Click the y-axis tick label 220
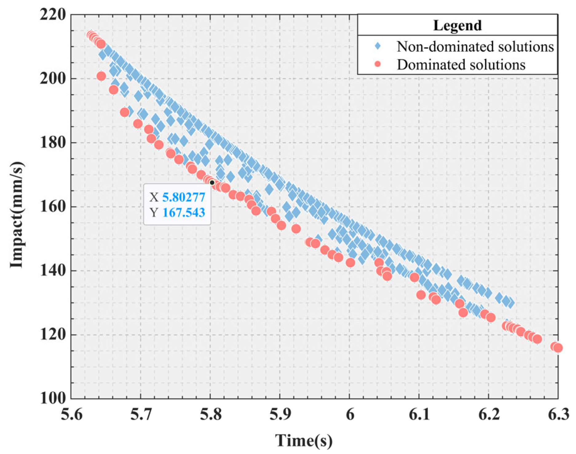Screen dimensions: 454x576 tap(53, 14)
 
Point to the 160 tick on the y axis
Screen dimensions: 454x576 tap(53, 207)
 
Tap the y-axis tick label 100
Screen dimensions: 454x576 tap(53, 398)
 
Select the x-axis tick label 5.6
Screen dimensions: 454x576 tap(72, 415)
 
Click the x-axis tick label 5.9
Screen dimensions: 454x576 tap(280, 415)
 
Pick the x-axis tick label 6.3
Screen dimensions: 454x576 tap(558, 415)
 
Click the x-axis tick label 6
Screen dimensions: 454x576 tap(350, 415)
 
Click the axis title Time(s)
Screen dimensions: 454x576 tap(304, 440)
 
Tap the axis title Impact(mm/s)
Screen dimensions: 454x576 tap(17, 214)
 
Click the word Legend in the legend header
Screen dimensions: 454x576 tap(457, 25)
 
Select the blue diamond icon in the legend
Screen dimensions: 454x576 tap(378, 46)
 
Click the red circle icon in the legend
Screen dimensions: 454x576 tap(378, 64)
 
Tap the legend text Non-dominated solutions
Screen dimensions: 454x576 tap(475, 46)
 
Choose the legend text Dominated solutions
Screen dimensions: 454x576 tap(461, 65)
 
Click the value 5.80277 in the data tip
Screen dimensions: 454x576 tap(184, 197)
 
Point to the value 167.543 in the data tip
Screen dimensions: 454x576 tap(184, 212)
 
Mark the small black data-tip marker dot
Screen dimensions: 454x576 tap(212, 183)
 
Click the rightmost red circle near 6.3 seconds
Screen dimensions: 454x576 tap(558, 348)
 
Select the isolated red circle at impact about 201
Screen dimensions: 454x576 tap(101, 76)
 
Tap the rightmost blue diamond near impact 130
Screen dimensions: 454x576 tap(510, 303)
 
